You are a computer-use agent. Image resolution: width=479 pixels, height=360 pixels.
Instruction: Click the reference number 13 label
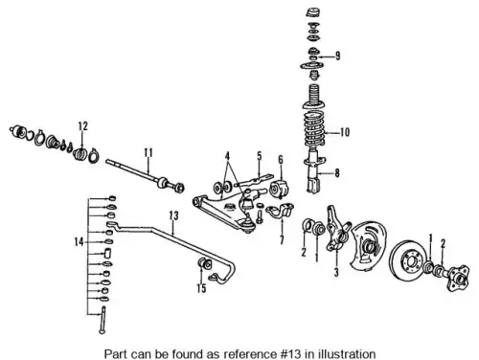[173, 215]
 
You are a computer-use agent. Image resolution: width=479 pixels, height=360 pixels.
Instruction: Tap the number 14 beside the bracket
[79, 242]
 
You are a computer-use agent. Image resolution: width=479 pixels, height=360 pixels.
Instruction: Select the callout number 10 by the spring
[345, 132]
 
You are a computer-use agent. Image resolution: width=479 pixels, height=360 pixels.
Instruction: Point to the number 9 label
[337, 56]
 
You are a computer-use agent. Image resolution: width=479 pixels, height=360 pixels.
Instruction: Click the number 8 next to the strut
[337, 173]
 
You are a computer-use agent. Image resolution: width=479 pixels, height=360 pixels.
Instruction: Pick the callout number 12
[82, 126]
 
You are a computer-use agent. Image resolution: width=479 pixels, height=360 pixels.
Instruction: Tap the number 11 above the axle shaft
[148, 153]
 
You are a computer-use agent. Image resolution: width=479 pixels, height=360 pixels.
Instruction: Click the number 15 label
[201, 288]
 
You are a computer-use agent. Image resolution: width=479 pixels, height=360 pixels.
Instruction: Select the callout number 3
[336, 272]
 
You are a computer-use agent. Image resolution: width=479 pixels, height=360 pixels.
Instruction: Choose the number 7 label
[282, 240]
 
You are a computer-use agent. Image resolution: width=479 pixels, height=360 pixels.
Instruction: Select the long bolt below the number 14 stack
[103, 320]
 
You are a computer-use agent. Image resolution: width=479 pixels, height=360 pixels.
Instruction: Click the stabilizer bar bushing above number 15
[205, 263]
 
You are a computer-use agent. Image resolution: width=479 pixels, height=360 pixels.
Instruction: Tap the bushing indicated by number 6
[279, 189]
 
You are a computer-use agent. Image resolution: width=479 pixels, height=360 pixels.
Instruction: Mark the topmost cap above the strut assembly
[313, 12]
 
